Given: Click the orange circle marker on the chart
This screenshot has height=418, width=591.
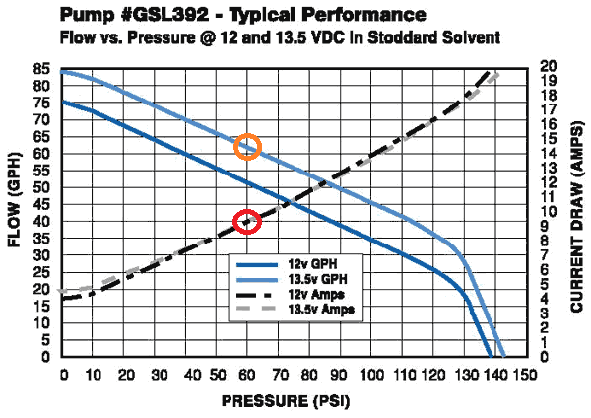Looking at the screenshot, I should [248, 148].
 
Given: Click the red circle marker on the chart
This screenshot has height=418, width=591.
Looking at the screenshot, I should [247, 222].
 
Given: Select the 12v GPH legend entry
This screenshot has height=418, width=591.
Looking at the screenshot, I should [286, 266].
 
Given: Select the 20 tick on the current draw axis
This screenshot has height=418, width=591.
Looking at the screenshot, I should [550, 65].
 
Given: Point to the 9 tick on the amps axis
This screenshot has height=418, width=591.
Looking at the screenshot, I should [545, 226].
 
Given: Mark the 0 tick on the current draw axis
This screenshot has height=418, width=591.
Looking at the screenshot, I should [545, 356].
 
